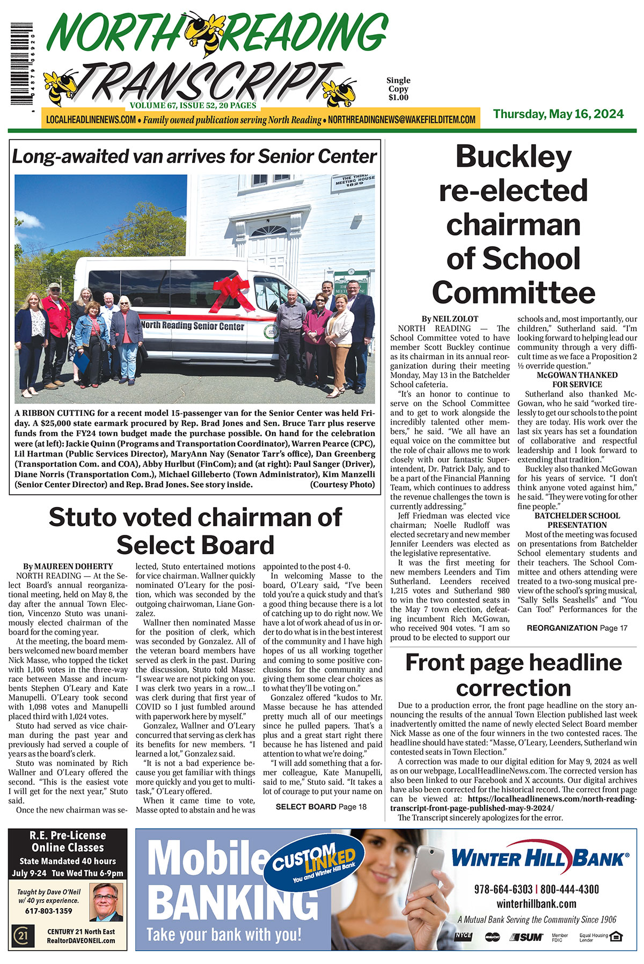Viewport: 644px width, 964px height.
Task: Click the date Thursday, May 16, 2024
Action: coord(558,114)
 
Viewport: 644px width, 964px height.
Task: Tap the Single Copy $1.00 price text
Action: coord(398,89)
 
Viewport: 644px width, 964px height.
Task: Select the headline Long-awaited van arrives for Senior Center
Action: coord(194,157)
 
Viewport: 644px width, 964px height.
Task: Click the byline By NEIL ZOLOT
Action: coord(450,319)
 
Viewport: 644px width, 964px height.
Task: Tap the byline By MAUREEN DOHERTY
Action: coord(68,566)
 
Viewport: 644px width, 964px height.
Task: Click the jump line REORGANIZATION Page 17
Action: coord(577,628)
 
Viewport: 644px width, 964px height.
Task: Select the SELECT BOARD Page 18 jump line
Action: coord(321,806)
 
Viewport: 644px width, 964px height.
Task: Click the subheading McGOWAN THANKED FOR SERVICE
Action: coord(577,380)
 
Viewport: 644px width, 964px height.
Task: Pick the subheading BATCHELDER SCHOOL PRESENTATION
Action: coord(577,520)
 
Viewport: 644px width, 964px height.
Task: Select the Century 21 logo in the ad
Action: coord(23,937)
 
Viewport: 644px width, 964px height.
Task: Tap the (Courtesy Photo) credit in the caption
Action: coord(342,484)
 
